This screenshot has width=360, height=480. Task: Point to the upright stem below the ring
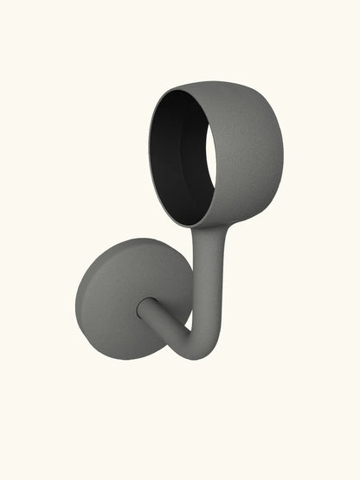[208, 277]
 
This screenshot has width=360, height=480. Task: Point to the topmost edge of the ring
[212, 81]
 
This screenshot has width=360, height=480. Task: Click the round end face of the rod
[145, 306]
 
